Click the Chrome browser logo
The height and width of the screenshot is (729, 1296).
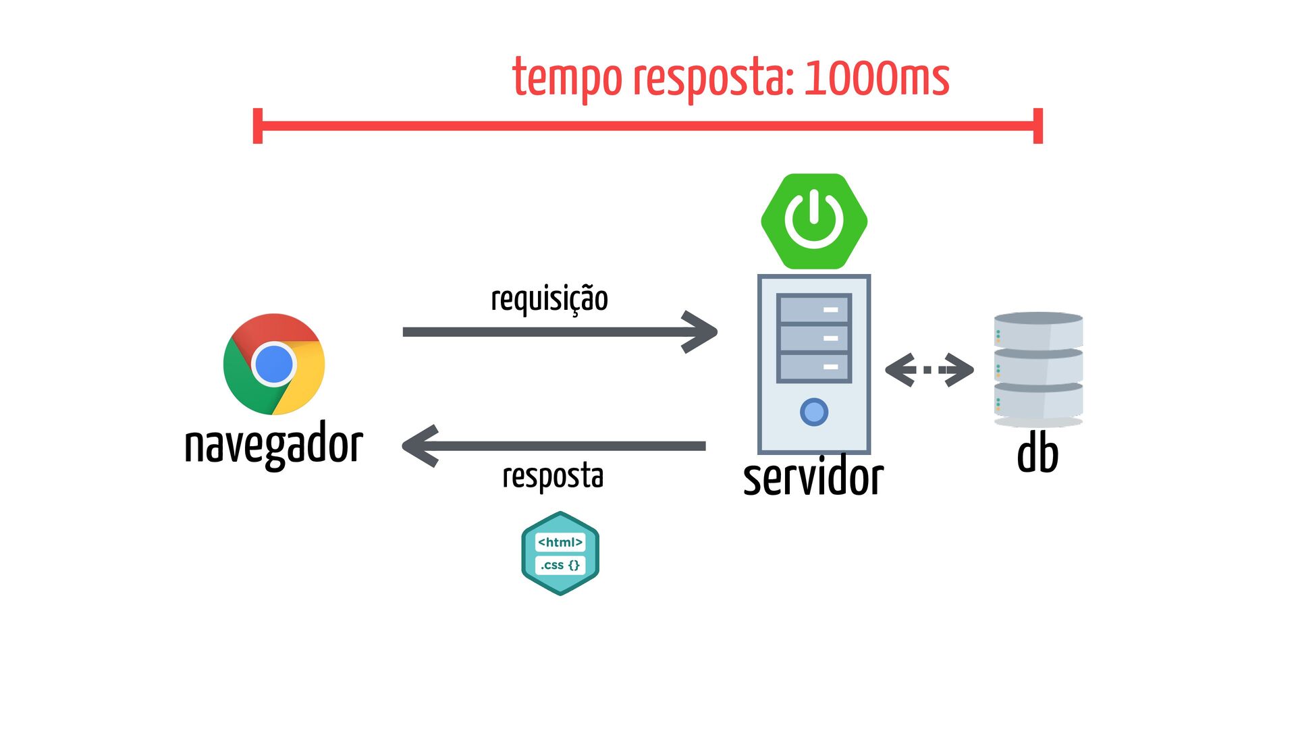[x=274, y=364]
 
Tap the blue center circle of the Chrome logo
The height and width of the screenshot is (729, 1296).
[x=274, y=364]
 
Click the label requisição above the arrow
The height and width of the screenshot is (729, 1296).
[x=549, y=299]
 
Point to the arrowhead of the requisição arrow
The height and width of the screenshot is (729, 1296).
[x=702, y=332]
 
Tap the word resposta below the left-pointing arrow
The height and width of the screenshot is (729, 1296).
[x=553, y=477]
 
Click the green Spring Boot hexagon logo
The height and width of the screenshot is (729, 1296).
[x=814, y=221]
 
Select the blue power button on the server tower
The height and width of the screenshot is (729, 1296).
[x=814, y=412]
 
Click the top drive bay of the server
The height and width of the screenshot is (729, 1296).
[x=814, y=309]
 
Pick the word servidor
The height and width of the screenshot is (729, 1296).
[x=813, y=477]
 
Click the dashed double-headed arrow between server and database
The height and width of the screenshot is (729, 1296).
[x=929, y=370]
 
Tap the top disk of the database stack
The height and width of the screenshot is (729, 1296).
[x=1038, y=330]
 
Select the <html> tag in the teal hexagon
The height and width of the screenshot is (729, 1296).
[x=560, y=542]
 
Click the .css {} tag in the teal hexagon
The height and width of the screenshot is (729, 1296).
[x=560, y=565]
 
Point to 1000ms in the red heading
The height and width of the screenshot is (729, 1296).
[x=877, y=78]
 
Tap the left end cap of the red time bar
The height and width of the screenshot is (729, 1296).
[x=257, y=126]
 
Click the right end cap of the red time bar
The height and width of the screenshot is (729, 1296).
[x=1038, y=126]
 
